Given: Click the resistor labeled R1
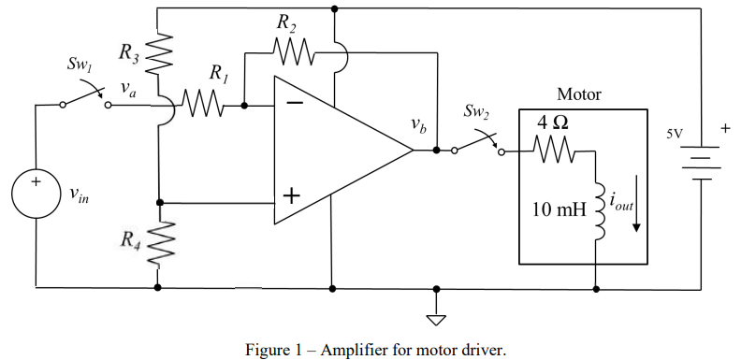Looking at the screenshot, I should pyautogui.click(x=203, y=106).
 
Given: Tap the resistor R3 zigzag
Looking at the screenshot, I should pyautogui.click(x=160, y=52).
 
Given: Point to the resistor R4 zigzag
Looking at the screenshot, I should pyautogui.click(x=160, y=242).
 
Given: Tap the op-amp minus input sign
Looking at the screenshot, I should pyautogui.click(x=294, y=103).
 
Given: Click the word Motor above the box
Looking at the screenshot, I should pyautogui.click(x=578, y=94).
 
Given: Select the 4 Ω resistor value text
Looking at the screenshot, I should pyautogui.click(x=552, y=122).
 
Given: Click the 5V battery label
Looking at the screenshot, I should pyautogui.click(x=674, y=134).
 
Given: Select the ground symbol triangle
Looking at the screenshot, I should pyautogui.click(x=435, y=320).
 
